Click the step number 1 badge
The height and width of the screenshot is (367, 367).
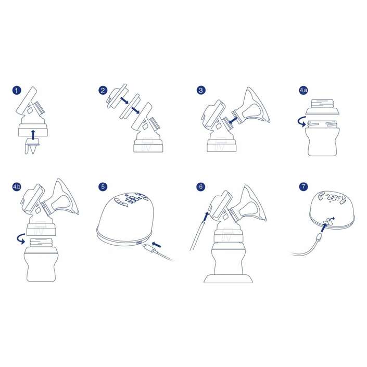(17, 91)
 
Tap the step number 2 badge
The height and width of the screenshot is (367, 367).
(103, 91)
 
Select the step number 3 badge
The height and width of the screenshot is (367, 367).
(200, 91)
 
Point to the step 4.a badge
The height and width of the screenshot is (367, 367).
(303, 91)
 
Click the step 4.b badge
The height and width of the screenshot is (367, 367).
(17, 186)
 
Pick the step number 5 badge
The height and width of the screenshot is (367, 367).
(103, 186)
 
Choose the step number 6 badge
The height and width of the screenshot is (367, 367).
(200, 186)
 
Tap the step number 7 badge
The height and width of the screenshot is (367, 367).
(303, 186)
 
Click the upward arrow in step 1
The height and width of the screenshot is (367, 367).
(33, 135)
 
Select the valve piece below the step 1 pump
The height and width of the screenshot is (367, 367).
(32, 146)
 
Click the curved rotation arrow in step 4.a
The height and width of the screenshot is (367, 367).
(302, 121)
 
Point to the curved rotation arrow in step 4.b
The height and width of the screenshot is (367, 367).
(21, 238)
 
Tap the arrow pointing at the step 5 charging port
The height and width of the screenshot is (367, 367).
(157, 245)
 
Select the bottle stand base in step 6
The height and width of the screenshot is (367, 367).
(228, 279)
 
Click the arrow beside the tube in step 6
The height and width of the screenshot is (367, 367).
(205, 217)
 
